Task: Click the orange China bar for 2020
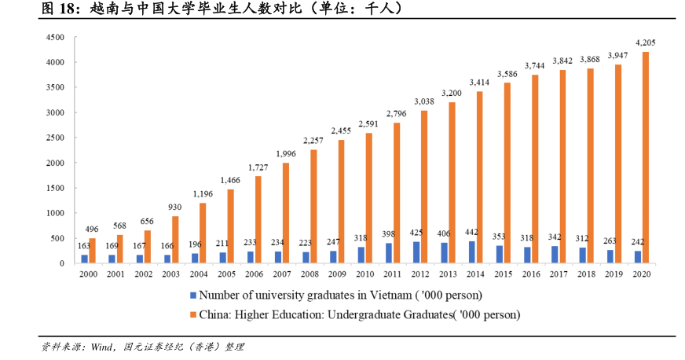(646, 157)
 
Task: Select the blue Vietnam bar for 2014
(470, 252)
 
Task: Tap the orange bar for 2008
(313, 206)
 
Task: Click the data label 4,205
(646, 42)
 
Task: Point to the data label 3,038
(423, 101)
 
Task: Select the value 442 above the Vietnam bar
(470, 232)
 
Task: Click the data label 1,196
(202, 193)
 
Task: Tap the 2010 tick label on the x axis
(365, 274)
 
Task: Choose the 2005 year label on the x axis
(226, 274)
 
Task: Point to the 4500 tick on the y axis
(54, 37)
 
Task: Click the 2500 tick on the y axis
(54, 138)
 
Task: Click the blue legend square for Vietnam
(192, 296)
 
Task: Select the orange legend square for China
(192, 314)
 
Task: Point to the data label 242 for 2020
(637, 242)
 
